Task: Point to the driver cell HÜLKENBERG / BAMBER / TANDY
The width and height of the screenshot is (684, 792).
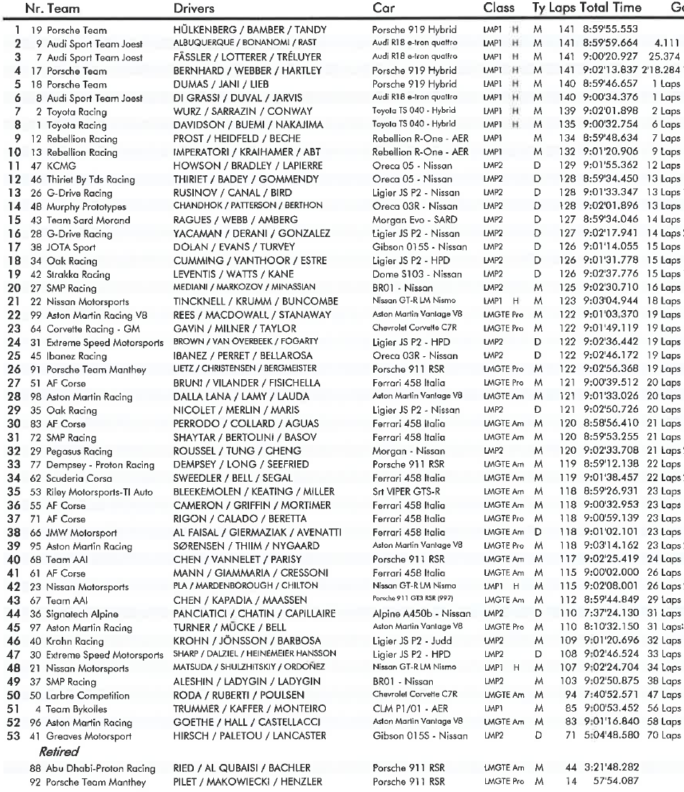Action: click(250, 30)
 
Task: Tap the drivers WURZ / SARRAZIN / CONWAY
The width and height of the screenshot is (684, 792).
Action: click(243, 111)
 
